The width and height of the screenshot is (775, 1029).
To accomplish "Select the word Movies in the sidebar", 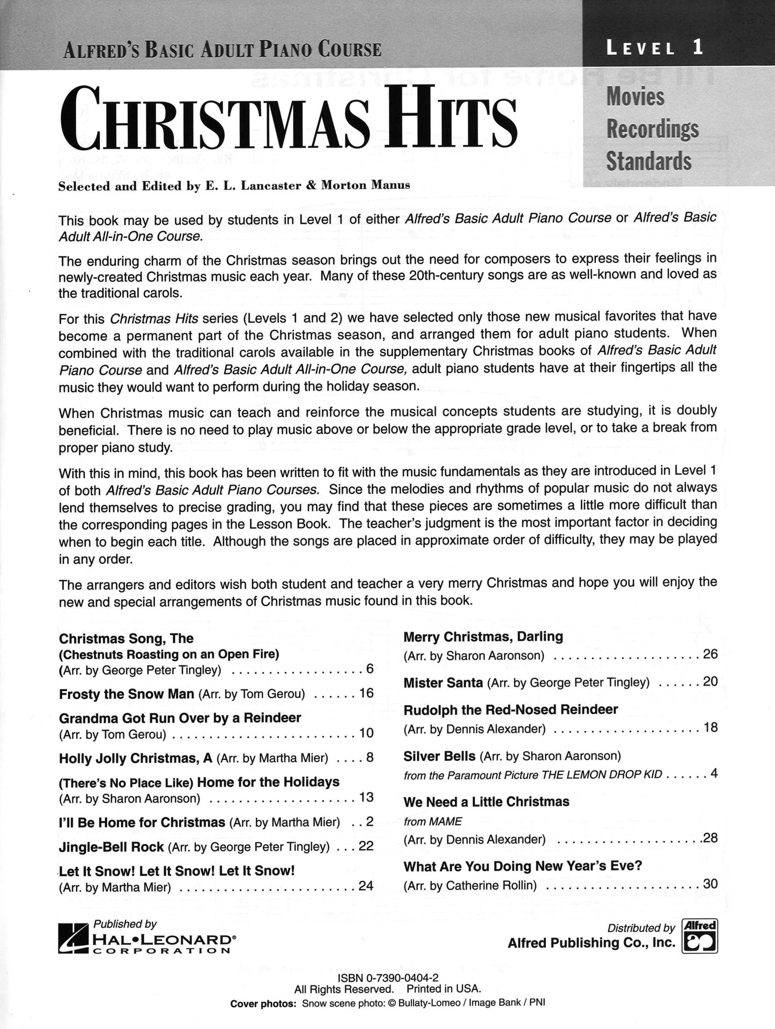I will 635,97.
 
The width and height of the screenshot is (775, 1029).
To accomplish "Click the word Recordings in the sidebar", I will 652,129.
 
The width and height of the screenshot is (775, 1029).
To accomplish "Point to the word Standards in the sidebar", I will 648,161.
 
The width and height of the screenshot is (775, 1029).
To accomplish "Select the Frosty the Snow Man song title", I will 127,694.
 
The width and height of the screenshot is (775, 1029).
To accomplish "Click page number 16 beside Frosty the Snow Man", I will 366,693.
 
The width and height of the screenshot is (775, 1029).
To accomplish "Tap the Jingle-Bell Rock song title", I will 112,847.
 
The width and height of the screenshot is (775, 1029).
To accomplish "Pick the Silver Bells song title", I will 439,756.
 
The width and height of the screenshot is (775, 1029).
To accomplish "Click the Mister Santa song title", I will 443,683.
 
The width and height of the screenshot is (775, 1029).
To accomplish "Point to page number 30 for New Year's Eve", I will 710,884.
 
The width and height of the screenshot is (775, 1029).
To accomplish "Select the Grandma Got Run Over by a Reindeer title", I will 180,717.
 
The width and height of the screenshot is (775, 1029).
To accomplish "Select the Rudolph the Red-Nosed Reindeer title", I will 511,709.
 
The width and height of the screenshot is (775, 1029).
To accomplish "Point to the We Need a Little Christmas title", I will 486,802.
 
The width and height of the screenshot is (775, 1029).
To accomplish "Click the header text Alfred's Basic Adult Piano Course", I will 222,50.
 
